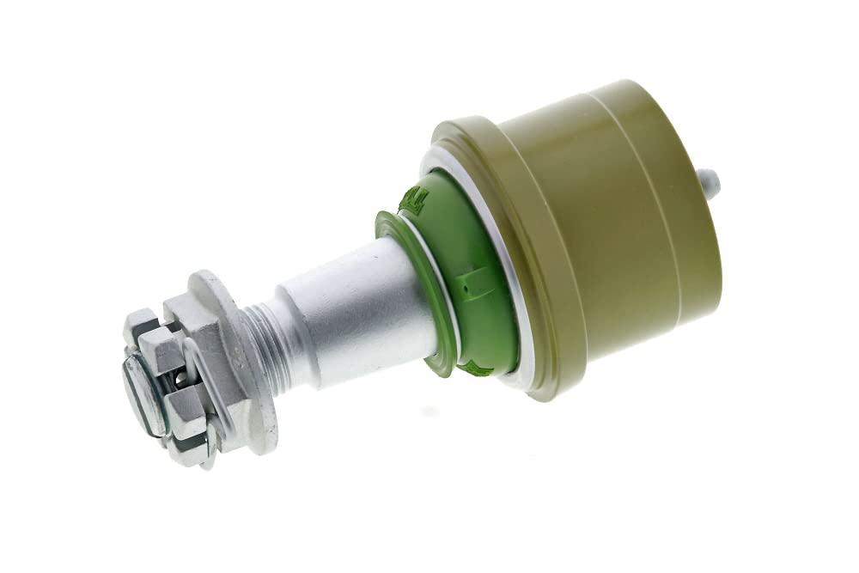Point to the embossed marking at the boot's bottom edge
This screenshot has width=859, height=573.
pyautogui.click(x=477, y=369)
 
